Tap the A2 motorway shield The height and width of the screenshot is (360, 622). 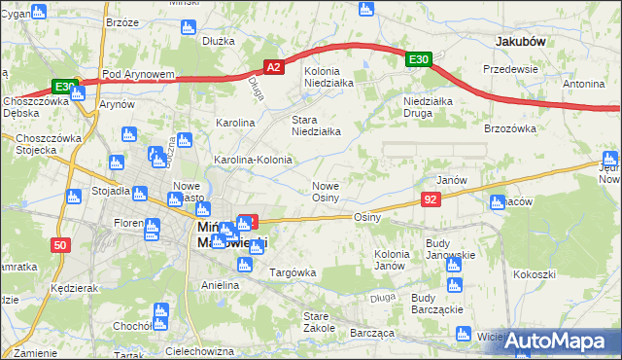274,66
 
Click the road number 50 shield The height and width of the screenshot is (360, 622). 60,246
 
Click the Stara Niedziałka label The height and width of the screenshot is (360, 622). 316,126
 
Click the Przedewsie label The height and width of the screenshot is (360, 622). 511,69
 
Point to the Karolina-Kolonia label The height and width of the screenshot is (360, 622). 253,160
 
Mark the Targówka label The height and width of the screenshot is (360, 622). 293,272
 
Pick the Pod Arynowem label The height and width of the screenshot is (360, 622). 138,74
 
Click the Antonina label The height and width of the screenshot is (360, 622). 583,84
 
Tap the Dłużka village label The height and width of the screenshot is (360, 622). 220,41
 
